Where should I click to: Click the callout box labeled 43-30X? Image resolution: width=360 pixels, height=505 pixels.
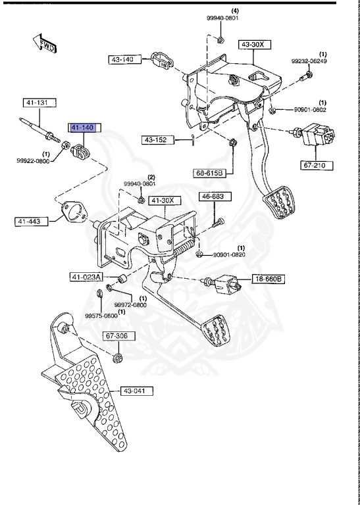tap(253, 45)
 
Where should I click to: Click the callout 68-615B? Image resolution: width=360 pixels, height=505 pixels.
tap(210, 173)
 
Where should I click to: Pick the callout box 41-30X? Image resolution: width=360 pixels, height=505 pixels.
tap(165, 200)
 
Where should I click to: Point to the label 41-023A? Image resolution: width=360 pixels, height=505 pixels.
tap(86, 277)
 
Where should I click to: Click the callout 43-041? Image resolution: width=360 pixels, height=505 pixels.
tap(136, 391)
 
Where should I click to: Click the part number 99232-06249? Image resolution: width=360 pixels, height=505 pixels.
tap(309, 61)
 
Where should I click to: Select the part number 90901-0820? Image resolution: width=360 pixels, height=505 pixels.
tap(228, 254)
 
